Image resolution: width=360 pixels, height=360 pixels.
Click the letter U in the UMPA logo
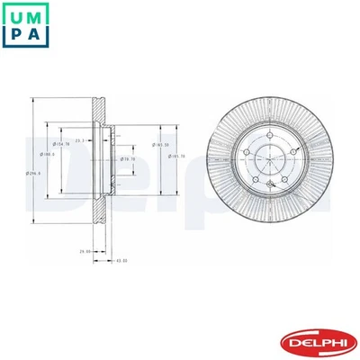click(20, 19)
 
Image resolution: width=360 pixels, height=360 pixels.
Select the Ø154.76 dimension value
click(62, 144)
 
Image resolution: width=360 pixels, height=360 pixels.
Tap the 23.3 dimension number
click(80, 140)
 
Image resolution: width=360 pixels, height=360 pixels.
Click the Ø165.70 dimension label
click(176, 156)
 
